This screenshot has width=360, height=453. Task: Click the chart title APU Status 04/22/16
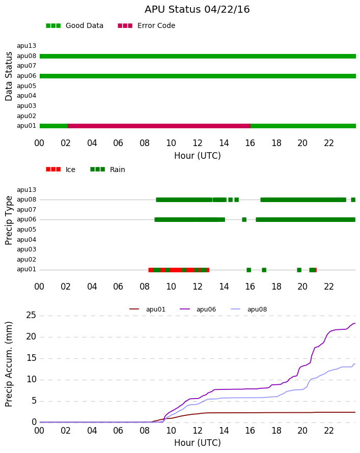[197, 9]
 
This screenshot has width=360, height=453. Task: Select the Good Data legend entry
[74, 26]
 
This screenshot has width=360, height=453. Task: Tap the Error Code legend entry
[147, 26]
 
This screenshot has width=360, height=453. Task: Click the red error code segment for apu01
[159, 126]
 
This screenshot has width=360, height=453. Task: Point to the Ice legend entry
[61, 169]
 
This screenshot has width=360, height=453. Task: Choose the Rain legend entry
[107, 169]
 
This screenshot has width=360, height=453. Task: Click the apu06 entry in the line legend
[198, 309]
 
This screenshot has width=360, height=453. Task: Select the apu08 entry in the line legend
[249, 309]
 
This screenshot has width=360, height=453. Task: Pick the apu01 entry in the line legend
[147, 309]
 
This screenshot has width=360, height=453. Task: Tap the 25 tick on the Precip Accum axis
[31, 315]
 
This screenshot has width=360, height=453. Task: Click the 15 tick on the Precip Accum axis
[31, 358]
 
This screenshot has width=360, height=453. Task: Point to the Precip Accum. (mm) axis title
[9, 364]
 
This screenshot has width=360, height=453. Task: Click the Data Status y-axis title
[9, 76]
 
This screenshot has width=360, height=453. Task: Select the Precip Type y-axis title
[9, 220]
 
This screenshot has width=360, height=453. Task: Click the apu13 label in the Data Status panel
[26, 46]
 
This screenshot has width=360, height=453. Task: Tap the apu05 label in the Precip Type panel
[26, 230]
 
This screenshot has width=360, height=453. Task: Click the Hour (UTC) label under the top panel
[198, 156]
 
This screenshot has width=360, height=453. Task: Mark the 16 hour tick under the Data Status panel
[250, 143]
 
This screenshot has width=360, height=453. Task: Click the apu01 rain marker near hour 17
[264, 270]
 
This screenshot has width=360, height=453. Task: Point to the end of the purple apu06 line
[355, 323]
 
